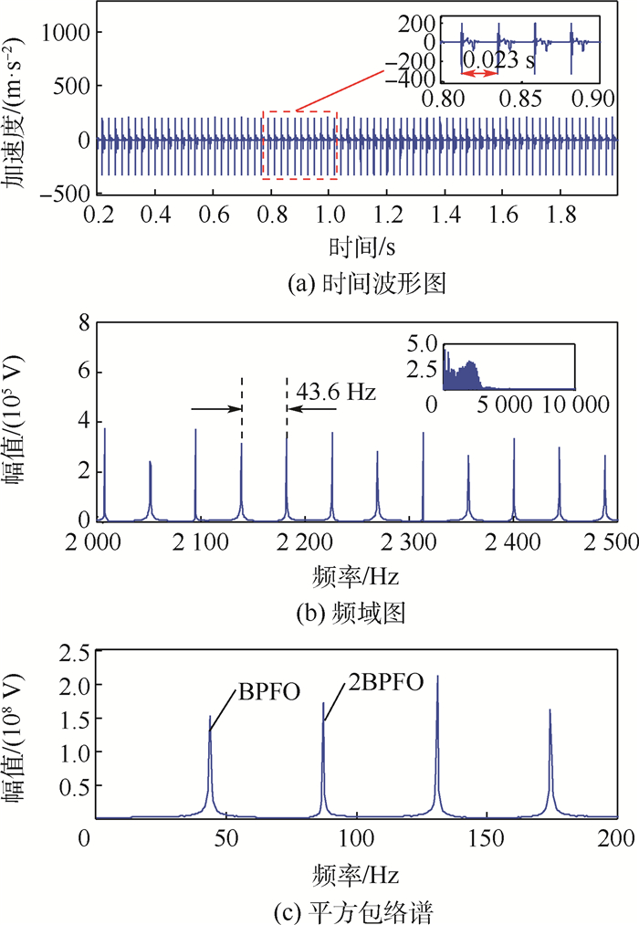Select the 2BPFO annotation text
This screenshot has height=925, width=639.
(384, 682)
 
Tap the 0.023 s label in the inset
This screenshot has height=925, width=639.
(498, 61)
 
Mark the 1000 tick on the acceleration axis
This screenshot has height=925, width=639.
(63, 33)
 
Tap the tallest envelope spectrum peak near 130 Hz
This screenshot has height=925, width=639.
(437, 678)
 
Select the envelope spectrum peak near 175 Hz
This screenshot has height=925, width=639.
(550, 710)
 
